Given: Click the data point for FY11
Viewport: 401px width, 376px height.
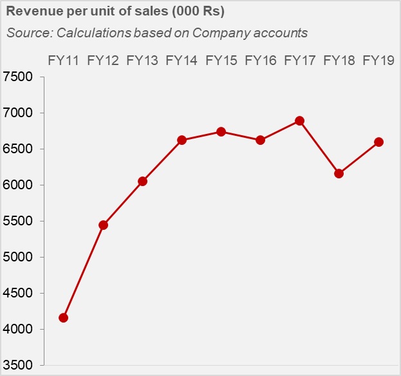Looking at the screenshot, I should click(x=63, y=317).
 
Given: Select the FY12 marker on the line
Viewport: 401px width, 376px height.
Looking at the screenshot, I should click(x=103, y=225).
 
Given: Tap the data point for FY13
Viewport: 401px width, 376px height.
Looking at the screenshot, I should click(x=142, y=181).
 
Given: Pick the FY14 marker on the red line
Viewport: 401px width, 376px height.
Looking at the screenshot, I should click(x=182, y=140).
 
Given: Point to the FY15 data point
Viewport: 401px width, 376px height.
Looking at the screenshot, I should click(x=221, y=131).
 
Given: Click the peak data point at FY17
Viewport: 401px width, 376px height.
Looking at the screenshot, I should click(x=300, y=120).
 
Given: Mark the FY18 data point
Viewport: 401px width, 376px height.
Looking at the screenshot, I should click(x=339, y=173).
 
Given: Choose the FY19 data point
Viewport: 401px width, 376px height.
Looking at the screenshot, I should click(x=378, y=142).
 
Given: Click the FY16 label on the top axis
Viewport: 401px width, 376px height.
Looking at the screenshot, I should click(x=261, y=61).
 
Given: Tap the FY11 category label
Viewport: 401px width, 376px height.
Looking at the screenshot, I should click(x=63, y=61).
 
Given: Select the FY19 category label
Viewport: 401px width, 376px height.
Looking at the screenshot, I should click(x=378, y=61).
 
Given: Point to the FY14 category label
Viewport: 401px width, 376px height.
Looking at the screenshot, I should click(x=182, y=61).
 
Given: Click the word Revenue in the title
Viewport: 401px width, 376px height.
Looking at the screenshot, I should click(x=33, y=12).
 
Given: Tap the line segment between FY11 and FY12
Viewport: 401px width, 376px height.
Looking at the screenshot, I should click(x=83, y=271).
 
